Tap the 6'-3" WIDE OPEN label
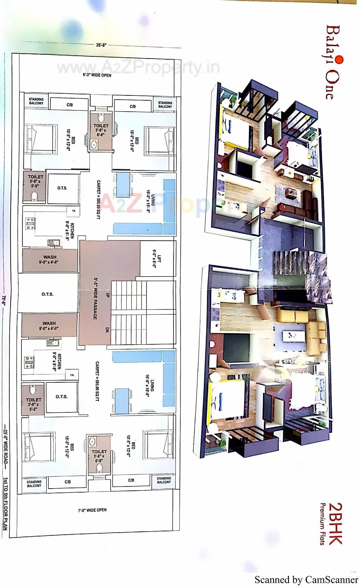pos(97,75)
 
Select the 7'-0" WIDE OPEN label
pos(92,510)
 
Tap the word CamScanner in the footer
pos(331,580)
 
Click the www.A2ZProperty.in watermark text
pos(138,68)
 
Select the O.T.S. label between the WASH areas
pos(48,294)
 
